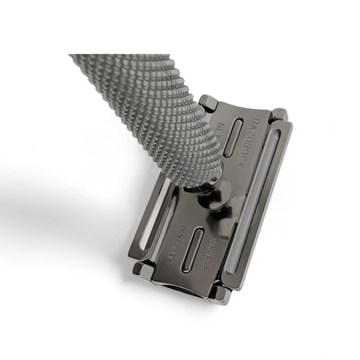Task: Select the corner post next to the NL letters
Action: coord(208,103)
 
